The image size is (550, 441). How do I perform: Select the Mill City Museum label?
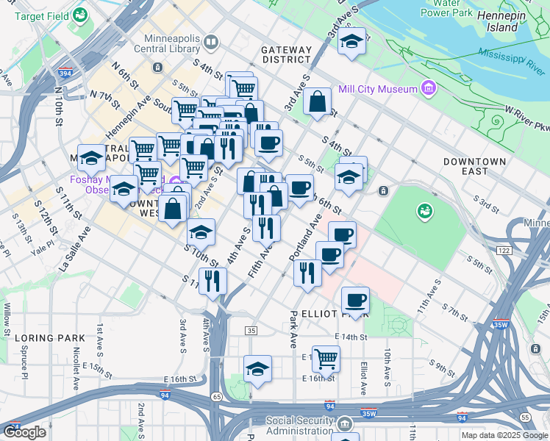click(377, 90)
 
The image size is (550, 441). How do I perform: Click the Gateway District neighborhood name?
click(286, 54)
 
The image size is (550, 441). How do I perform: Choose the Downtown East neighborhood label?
click(474, 166)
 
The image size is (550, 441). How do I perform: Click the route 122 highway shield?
click(503, 251)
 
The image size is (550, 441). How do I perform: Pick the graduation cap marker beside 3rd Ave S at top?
click(352, 42)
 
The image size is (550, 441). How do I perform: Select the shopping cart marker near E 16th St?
click(326, 359)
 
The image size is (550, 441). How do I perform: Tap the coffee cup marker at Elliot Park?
click(355, 299)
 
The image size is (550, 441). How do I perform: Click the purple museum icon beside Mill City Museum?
click(429, 89)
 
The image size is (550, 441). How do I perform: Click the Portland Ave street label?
click(306, 239)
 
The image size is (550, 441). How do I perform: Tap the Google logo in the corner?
click(25, 432)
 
